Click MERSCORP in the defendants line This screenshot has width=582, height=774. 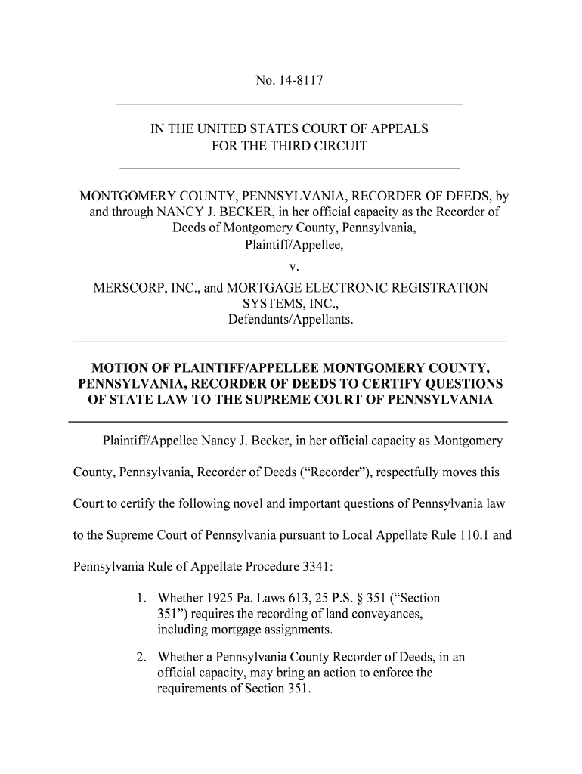pyautogui.click(x=127, y=288)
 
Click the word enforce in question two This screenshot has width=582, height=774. pyautogui.click(x=379, y=673)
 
